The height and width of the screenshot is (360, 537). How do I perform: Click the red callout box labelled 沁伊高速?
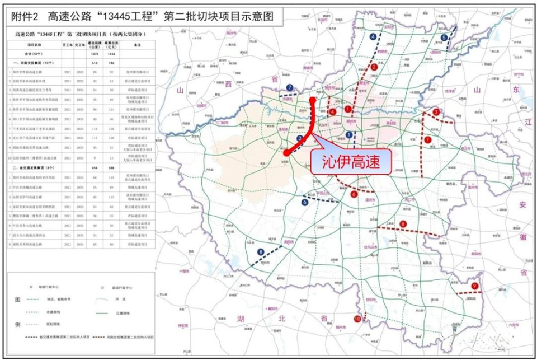pos(350,161)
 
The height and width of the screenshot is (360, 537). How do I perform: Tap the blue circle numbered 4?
pos(373,37)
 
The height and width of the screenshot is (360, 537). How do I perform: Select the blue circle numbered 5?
pos(444,38)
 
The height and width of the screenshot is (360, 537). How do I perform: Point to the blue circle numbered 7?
pos(289,87)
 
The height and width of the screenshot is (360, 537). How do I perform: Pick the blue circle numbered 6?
pos(305,202)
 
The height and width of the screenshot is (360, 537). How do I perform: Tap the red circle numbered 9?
pos(474,286)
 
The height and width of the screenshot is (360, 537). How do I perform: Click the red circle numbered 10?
pos(357,319)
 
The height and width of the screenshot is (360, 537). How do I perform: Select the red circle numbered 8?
pos(403,225)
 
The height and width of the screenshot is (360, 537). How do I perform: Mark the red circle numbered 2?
pos(374,67)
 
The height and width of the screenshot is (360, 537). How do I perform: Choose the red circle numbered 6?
pos(354,194)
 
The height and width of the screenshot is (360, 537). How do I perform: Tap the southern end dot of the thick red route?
pos(285,152)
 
